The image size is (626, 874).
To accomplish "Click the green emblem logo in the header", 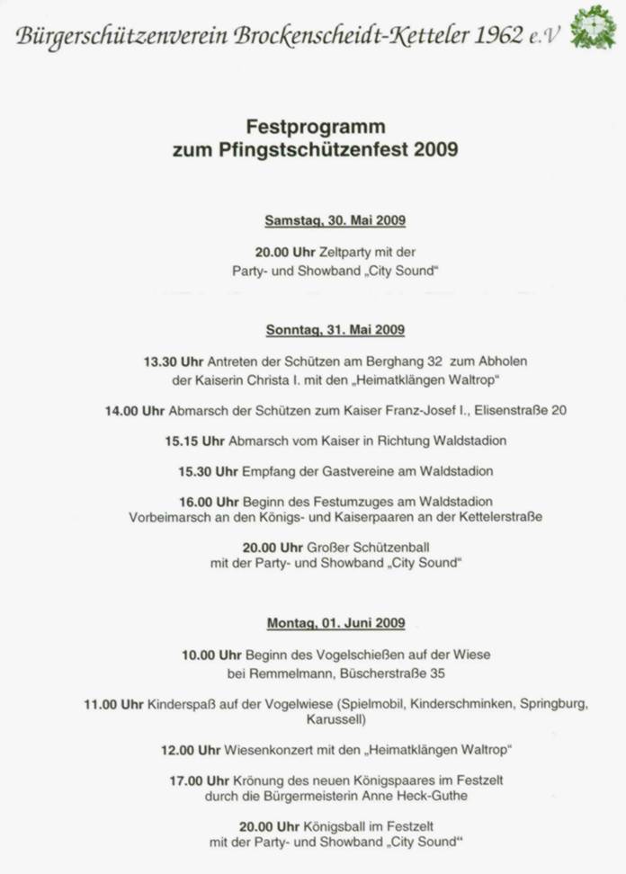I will tap(594, 27).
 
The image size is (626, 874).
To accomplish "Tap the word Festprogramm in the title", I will tap(315, 127).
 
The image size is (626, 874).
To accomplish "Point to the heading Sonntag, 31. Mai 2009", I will tap(335, 330).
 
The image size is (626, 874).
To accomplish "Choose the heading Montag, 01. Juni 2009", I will tap(335, 623).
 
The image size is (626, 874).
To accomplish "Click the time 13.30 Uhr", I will tap(174, 361).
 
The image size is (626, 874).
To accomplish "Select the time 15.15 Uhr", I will tap(194, 441).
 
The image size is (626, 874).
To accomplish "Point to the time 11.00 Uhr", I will tap(113, 704).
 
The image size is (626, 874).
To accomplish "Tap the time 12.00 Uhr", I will tap(191, 749).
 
